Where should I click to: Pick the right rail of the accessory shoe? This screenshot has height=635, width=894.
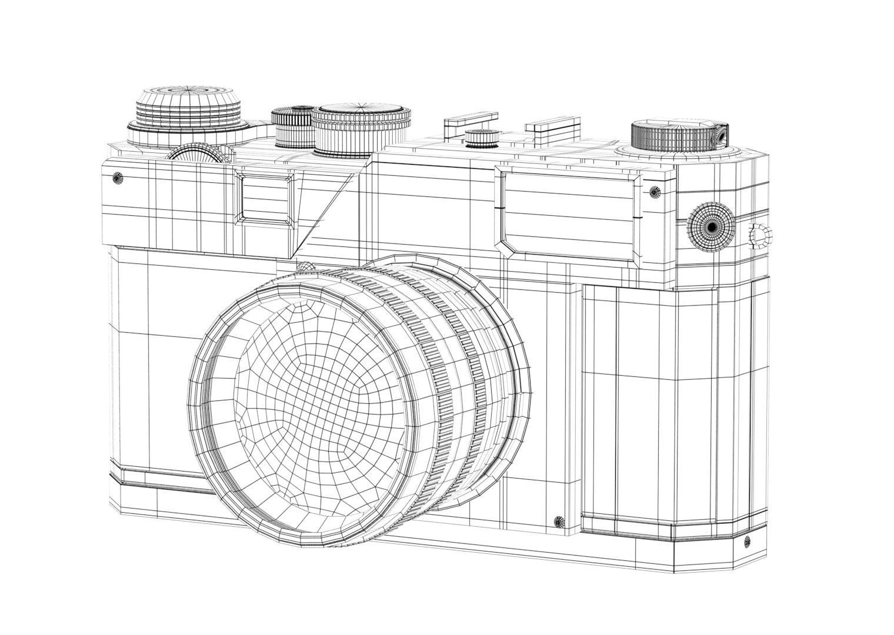[x=552, y=125]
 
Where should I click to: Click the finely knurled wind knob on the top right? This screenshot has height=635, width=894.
[x=676, y=136]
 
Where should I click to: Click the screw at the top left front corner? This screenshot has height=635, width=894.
[x=117, y=178]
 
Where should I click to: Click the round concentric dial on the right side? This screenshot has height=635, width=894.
[x=711, y=226]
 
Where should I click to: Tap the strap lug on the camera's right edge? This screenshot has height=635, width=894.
[x=760, y=236]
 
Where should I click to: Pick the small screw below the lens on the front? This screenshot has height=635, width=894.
[x=559, y=521]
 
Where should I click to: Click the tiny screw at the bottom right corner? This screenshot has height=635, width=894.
[x=748, y=541]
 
